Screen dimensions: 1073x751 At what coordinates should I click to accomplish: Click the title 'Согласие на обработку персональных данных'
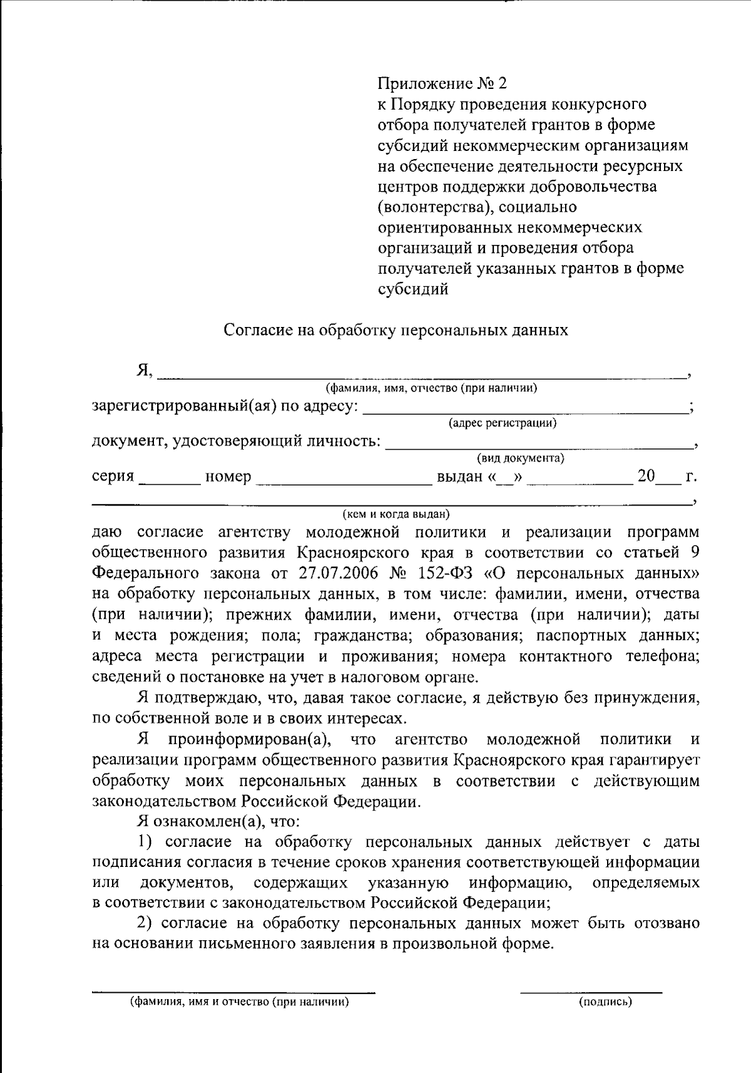[x=396, y=330]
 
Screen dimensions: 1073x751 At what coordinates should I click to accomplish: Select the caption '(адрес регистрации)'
[x=503, y=423]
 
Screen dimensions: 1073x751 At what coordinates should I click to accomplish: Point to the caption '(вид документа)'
[x=520, y=458]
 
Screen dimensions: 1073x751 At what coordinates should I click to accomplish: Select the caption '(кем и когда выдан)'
[x=396, y=514]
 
